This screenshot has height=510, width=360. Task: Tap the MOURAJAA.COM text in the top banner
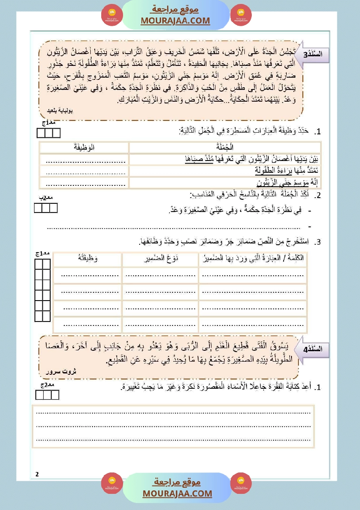[175, 21]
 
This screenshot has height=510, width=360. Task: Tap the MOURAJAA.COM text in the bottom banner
[177, 493]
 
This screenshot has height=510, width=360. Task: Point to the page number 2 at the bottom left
[37, 474]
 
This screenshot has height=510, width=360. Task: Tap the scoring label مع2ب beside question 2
[45, 198]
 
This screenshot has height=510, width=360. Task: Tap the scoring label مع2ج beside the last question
[47, 385]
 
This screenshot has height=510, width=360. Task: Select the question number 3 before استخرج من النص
[319, 242]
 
